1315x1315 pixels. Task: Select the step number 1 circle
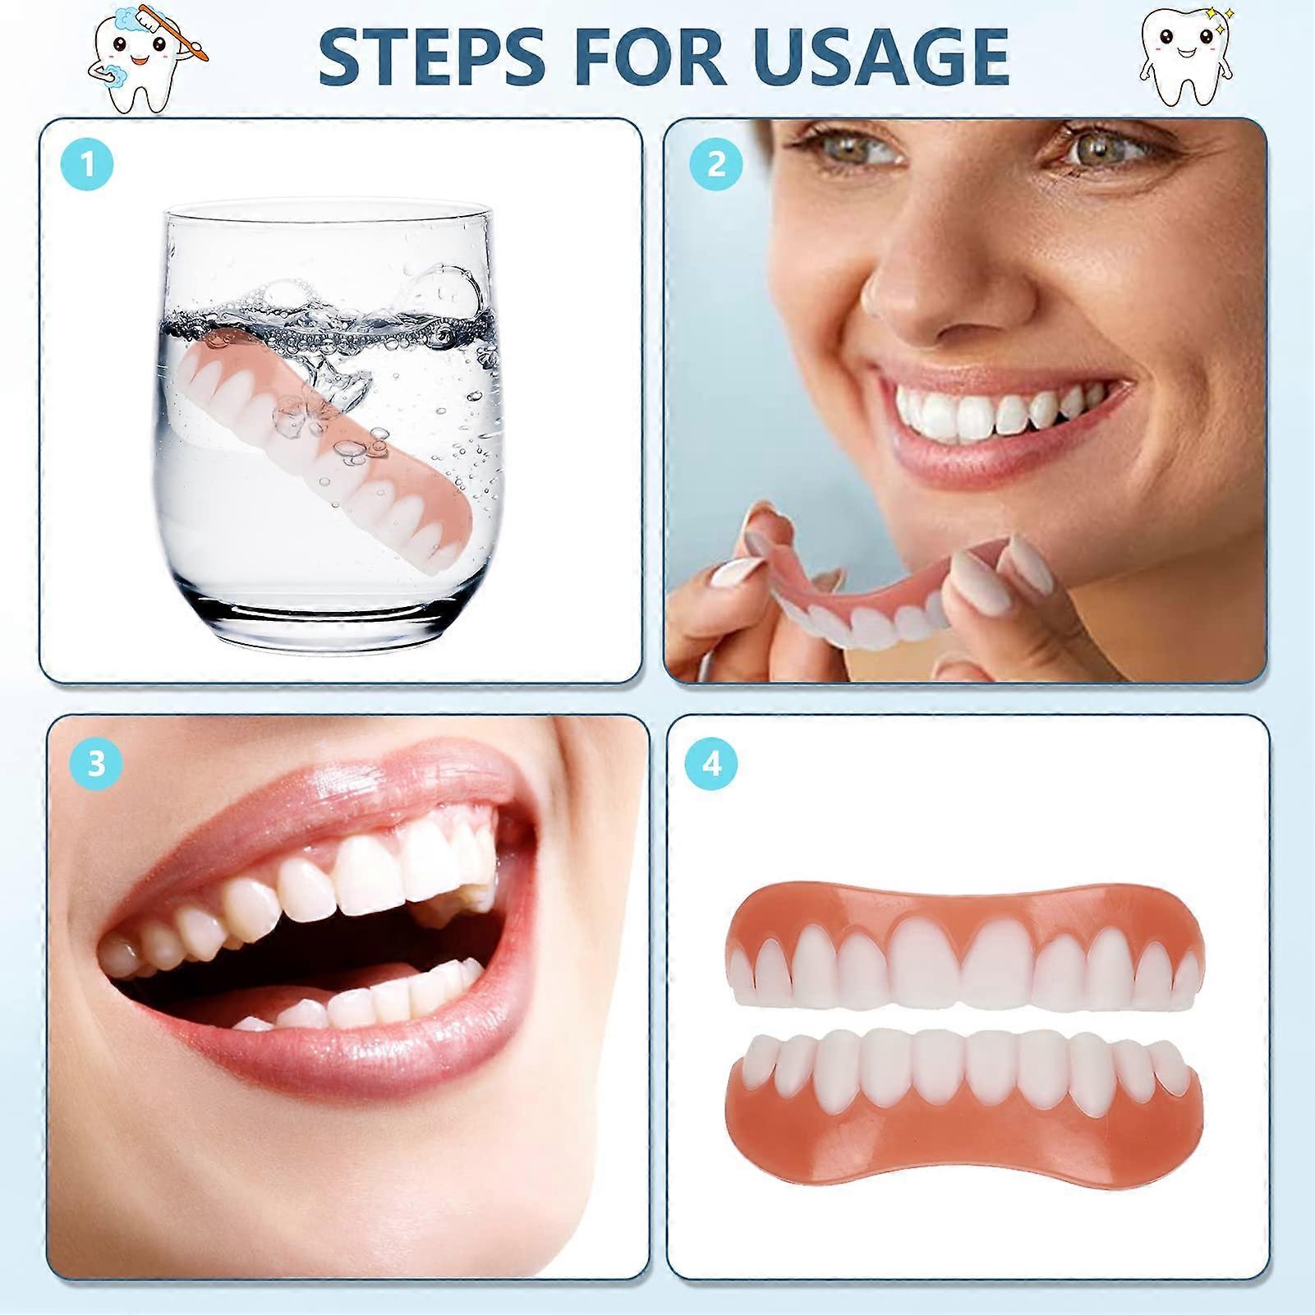click(87, 164)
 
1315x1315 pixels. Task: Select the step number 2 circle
click(715, 164)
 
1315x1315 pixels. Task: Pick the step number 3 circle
click(96, 763)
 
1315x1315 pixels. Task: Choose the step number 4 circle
click(710, 763)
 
